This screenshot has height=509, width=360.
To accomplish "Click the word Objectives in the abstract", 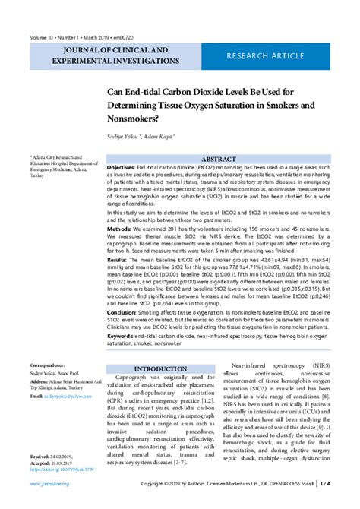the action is click(x=121, y=166).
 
